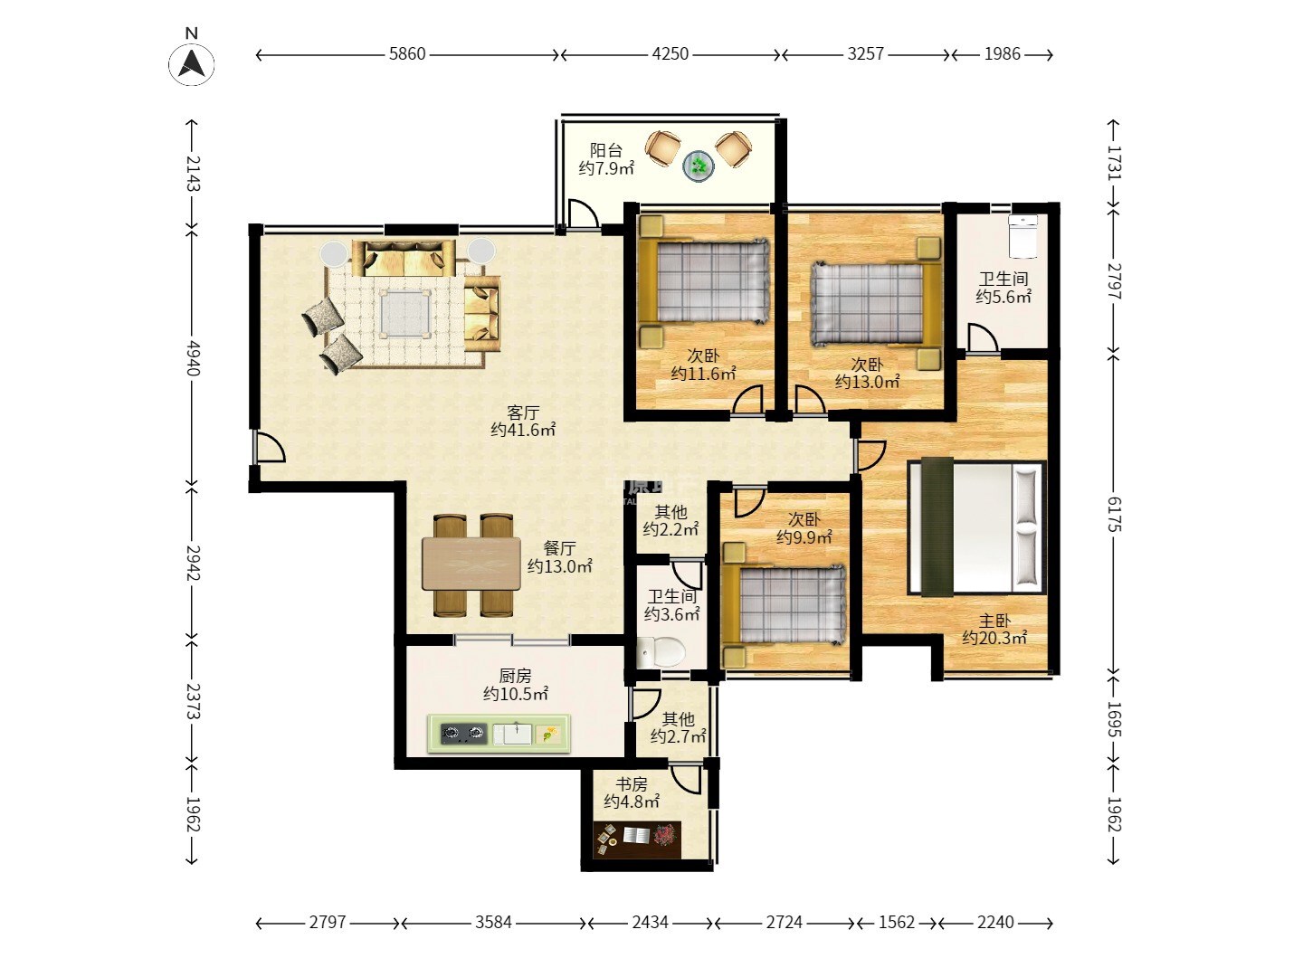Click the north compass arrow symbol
click(x=191, y=63)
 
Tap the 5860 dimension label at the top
click(x=407, y=54)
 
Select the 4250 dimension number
click(x=670, y=54)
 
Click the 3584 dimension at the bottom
click(x=493, y=923)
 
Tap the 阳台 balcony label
click(x=605, y=151)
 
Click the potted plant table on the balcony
click(x=698, y=166)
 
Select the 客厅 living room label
click(x=523, y=413)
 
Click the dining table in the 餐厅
click(x=471, y=564)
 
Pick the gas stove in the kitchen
click(x=463, y=734)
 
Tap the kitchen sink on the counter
click(x=512, y=734)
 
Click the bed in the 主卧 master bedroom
click(x=977, y=526)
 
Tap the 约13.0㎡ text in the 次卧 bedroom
click(x=867, y=382)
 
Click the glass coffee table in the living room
click(x=405, y=313)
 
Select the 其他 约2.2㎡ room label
click(x=671, y=520)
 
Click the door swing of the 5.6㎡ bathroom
click(x=983, y=337)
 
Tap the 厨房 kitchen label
click(x=515, y=675)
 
